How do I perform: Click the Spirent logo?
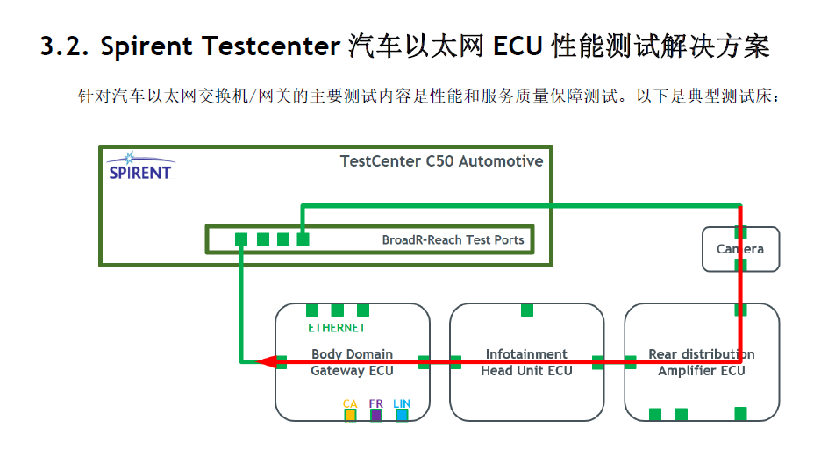click(139, 166)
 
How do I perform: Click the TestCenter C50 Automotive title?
click(441, 161)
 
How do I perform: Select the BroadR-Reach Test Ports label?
click(453, 239)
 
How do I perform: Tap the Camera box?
click(740, 249)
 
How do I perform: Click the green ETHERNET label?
click(336, 328)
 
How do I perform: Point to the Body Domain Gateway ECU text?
click(352, 362)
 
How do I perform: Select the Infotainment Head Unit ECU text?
click(526, 362)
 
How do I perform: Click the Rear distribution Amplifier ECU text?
click(701, 362)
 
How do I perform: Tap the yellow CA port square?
click(350, 415)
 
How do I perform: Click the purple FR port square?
click(376, 415)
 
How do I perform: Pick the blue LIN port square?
click(402, 415)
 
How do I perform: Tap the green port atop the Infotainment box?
click(527, 310)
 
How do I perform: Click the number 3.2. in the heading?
click(66, 47)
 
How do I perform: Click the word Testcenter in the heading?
click(269, 47)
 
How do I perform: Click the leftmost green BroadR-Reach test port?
click(241, 239)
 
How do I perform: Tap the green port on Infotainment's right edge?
click(598, 361)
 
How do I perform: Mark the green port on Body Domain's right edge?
click(425, 361)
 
